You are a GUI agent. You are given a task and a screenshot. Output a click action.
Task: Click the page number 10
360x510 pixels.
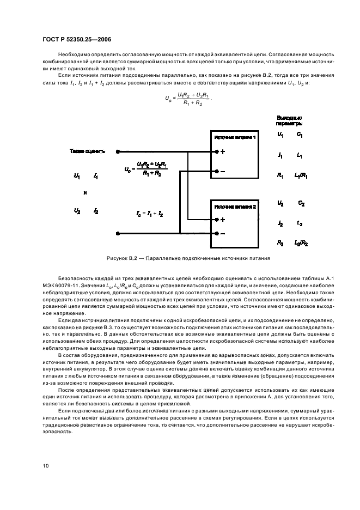click(x=46, y=466)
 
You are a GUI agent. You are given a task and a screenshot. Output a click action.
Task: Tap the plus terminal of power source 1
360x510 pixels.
click(x=217, y=152)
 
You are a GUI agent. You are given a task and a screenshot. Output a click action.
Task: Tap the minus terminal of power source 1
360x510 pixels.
click(x=217, y=171)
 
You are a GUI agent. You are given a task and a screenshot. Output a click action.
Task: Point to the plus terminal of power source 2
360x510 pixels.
click(x=217, y=220)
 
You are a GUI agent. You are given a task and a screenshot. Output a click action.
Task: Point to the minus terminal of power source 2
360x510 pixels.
click(x=217, y=234)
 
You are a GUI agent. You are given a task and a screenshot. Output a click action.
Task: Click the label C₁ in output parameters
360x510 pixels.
click(x=300, y=134)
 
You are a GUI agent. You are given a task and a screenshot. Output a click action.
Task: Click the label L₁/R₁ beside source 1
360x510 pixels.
click(x=301, y=176)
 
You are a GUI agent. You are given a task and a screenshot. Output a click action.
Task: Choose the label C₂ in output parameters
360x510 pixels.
click(x=301, y=203)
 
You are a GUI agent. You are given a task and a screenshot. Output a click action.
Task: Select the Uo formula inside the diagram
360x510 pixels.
click(x=146, y=169)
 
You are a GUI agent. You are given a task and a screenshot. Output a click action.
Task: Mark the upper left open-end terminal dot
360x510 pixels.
click(x=118, y=152)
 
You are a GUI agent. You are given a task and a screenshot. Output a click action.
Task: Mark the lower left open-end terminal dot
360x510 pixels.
click(x=118, y=234)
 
